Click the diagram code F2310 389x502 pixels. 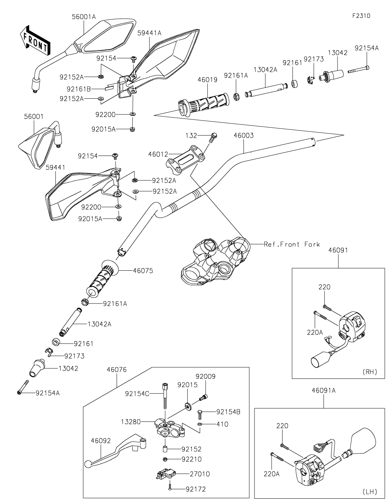[361, 16]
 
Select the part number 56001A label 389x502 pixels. [84, 17]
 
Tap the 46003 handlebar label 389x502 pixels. [244, 136]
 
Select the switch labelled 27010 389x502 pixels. [166, 474]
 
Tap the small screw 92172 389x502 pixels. [170, 488]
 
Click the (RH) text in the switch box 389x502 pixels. [370, 372]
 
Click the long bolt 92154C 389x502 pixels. [165, 397]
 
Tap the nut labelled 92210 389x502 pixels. [165, 459]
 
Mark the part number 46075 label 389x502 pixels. [143, 271]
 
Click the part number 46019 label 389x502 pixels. [207, 80]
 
